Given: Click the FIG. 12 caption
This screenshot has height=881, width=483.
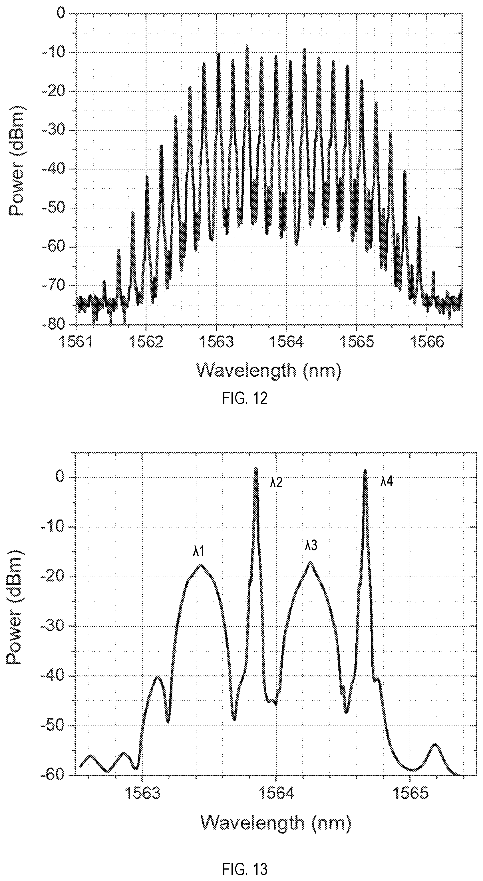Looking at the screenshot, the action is point(245,398).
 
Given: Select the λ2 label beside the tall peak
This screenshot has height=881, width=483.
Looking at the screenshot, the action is point(276,483).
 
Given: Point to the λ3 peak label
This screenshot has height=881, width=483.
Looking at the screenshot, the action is point(311,546).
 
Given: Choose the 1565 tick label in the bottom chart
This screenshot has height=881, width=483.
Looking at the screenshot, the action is point(411,784).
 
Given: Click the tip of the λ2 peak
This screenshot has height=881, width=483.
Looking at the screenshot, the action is point(255,467).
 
